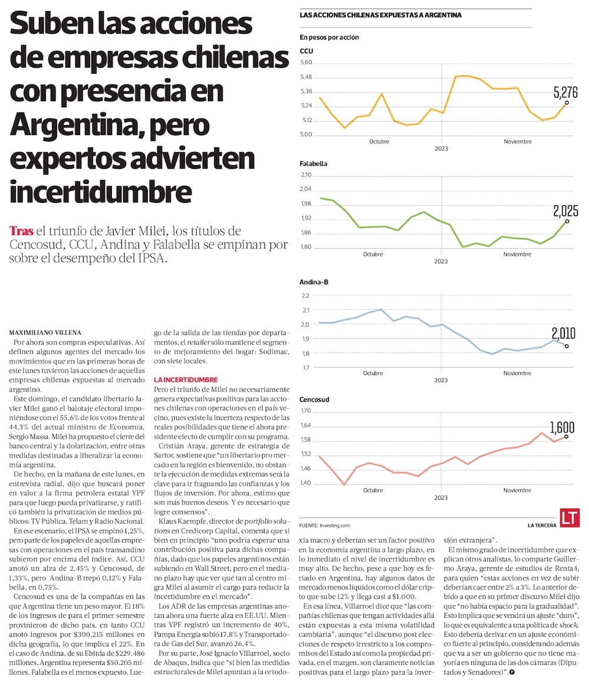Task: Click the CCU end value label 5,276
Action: pos(565,92)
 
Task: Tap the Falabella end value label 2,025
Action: pos(565,211)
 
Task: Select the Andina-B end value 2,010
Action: pos(564,333)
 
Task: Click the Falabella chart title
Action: pos(313,163)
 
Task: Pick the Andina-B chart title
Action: pos(313,282)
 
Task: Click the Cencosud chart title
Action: pos(314,399)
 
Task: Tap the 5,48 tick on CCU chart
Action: pos(306,77)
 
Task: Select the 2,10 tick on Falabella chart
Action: pos(306,175)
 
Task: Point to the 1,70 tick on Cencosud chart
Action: pos(306,411)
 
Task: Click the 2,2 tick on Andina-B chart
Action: pos(305,295)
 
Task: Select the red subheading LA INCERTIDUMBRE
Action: pos(186,380)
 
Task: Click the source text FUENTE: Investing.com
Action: pos(325,524)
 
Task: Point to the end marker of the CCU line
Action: pos(567,103)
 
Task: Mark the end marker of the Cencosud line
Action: pos(567,437)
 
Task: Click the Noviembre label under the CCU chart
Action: pos(517,142)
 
